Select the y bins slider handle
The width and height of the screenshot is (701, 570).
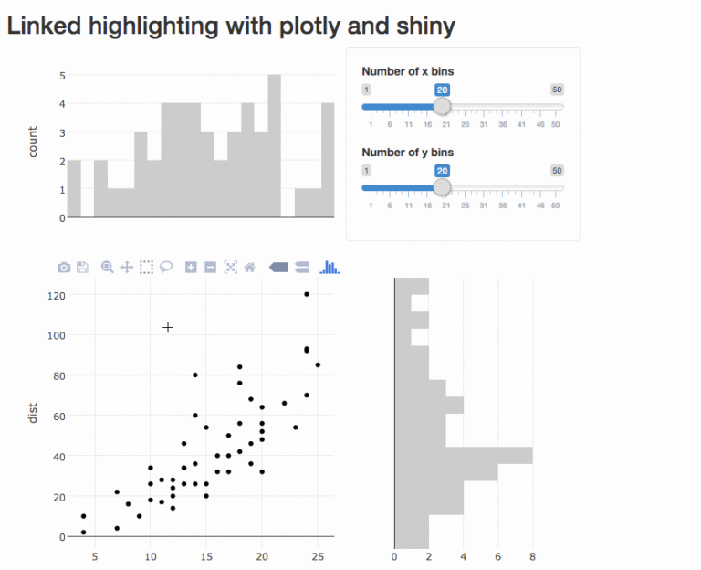click(x=442, y=187)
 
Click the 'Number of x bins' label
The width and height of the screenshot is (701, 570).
click(x=407, y=71)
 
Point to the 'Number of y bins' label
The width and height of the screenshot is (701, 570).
click(x=407, y=153)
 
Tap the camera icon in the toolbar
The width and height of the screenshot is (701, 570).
click(x=64, y=268)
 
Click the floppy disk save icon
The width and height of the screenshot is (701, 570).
click(x=82, y=268)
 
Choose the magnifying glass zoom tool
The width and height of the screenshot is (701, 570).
click(x=108, y=268)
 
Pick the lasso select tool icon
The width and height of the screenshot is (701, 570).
click(x=166, y=268)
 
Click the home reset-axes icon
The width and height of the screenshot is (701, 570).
click(x=249, y=268)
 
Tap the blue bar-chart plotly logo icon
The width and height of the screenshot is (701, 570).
click(x=330, y=268)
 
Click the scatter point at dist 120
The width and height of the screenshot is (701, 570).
click(x=307, y=294)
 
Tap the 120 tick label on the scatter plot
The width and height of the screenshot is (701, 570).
click(x=58, y=295)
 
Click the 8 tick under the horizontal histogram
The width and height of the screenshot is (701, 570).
click(x=532, y=555)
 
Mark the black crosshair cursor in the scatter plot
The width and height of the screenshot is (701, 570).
click(x=168, y=327)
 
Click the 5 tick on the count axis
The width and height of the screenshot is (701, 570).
click(x=61, y=76)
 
